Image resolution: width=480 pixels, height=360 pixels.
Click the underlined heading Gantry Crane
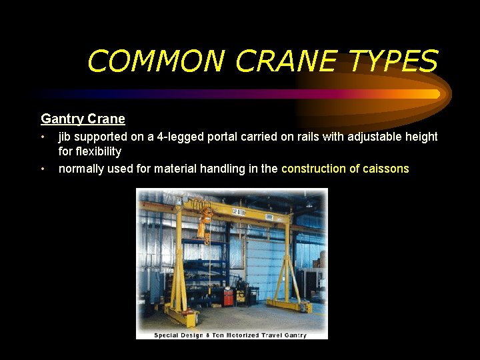point(83,119)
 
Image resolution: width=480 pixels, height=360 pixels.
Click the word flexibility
point(90,152)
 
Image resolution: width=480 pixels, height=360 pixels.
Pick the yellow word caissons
point(386,169)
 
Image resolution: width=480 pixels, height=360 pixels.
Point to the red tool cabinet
point(229,295)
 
